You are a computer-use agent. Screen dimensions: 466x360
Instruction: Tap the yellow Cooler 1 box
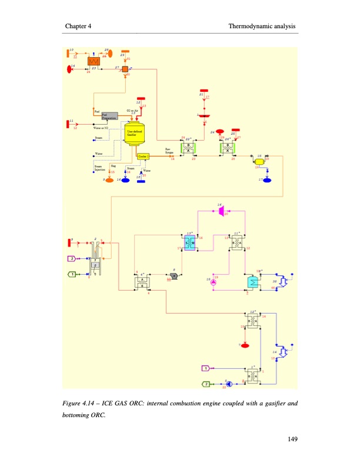tap(144, 156)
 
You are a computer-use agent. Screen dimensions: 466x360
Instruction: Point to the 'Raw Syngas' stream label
tap(168, 151)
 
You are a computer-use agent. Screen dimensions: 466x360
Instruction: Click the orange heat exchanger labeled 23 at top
tap(93, 61)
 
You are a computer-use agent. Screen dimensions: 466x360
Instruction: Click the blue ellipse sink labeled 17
tap(268, 179)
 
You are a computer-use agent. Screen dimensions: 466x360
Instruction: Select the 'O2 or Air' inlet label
tap(132, 110)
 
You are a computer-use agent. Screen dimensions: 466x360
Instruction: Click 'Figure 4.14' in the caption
tap(79, 404)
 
